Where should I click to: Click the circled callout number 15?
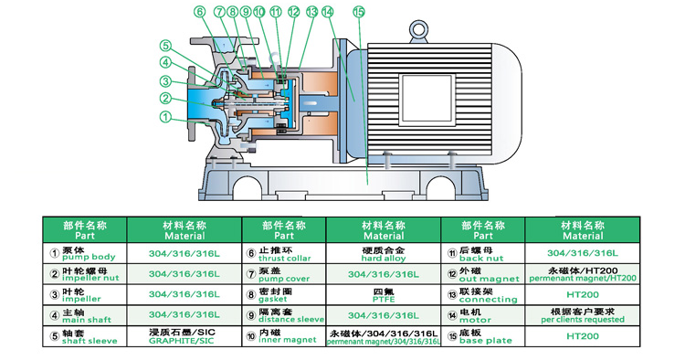click(359, 12)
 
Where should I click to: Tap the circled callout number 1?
click(165, 117)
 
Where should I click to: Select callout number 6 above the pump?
click(200, 12)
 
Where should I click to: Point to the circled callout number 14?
click(328, 12)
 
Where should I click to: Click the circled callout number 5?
click(165, 46)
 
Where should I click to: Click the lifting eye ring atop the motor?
click(418, 31)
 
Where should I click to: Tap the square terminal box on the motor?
click(427, 99)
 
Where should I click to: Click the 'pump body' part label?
click(89, 258)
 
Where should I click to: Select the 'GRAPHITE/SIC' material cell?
click(182, 341)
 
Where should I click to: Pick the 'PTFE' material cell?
click(384, 300)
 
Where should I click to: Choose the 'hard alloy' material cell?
click(383, 259)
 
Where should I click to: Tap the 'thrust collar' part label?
click(284, 259)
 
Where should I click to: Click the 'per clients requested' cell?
click(583, 320)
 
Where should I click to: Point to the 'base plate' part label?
click(485, 341)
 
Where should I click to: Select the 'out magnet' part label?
click(489, 279)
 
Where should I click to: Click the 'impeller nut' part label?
click(90, 279)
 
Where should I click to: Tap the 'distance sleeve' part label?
click(291, 320)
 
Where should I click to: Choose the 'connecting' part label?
click(488, 300)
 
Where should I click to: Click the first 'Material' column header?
click(184, 236)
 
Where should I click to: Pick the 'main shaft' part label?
click(87, 320)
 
